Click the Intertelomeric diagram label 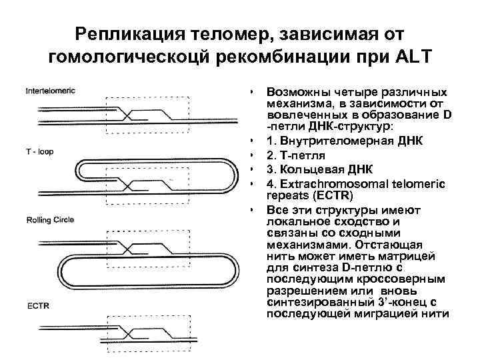pyautogui.click(x=51, y=90)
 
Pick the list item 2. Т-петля pyautogui.click(x=296, y=154)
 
